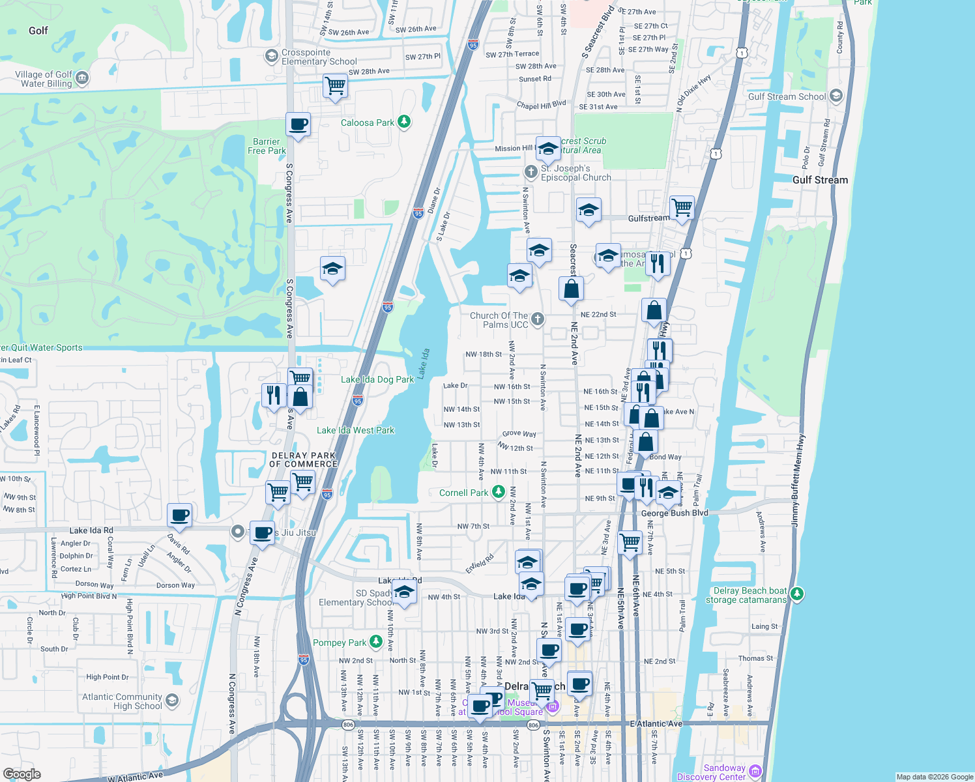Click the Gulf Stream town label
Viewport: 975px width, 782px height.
820,180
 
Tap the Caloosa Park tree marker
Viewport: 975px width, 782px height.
404,121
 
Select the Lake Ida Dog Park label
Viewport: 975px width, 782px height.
377,379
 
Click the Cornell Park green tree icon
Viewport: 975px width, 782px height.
499,491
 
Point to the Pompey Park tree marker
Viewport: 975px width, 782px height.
376,641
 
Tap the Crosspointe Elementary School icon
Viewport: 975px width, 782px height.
271,56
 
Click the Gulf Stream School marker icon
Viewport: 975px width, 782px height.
836,96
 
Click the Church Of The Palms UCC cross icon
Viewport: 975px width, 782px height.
537,319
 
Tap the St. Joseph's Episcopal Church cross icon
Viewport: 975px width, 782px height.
531,172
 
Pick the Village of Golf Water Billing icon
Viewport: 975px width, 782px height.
82,79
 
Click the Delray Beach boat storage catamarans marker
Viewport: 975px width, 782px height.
797,594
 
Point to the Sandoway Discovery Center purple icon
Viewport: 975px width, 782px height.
755,771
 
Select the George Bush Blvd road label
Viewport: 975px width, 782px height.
675,513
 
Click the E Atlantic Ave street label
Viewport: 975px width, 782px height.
656,723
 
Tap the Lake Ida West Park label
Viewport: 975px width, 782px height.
355,430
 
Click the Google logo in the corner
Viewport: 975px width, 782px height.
22,774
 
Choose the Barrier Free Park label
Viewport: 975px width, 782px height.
267,146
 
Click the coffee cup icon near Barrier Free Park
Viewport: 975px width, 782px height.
298,124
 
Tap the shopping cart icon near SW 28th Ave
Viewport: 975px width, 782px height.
335,85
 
